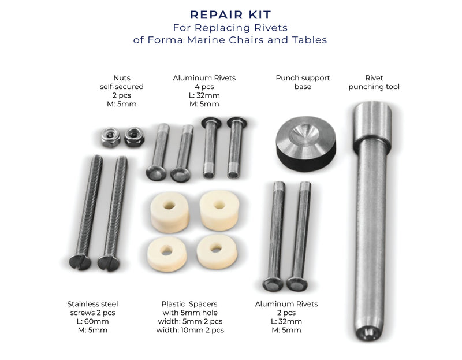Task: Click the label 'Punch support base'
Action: [303, 82]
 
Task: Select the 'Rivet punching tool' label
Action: [374, 82]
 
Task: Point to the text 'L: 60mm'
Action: [92, 321]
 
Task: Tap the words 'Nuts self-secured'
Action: [121, 82]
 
